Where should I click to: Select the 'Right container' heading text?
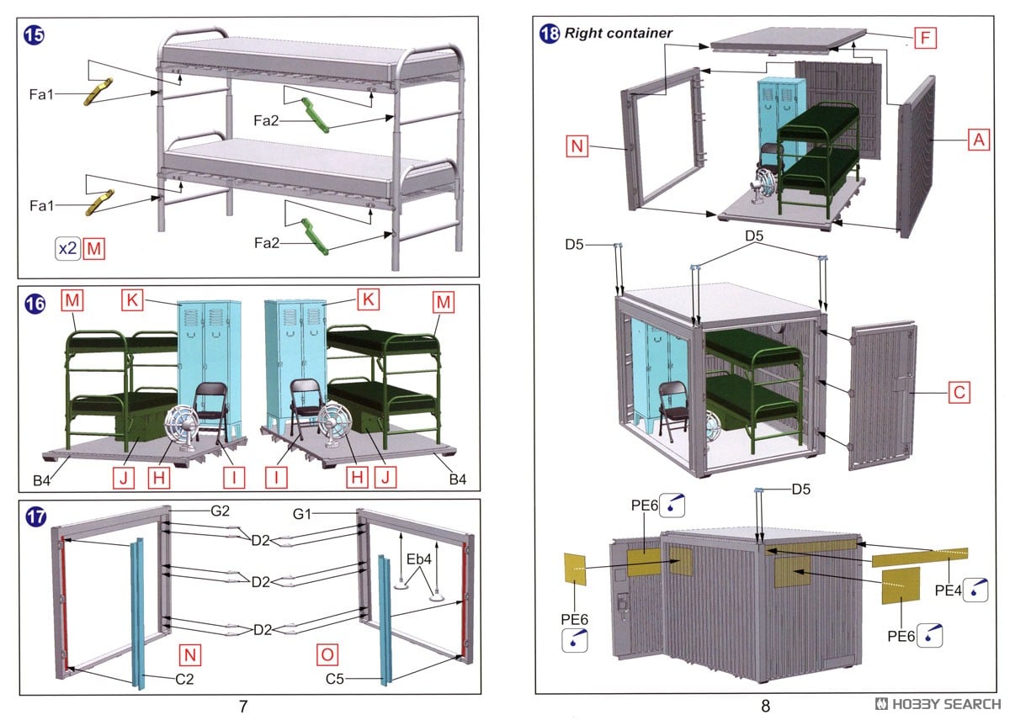(618, 34)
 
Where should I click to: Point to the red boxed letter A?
(977, 140)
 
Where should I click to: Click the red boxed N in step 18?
(576, 146)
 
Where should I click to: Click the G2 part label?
(221, 511)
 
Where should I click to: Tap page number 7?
(243, 707)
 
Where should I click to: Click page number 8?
(765, 707)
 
